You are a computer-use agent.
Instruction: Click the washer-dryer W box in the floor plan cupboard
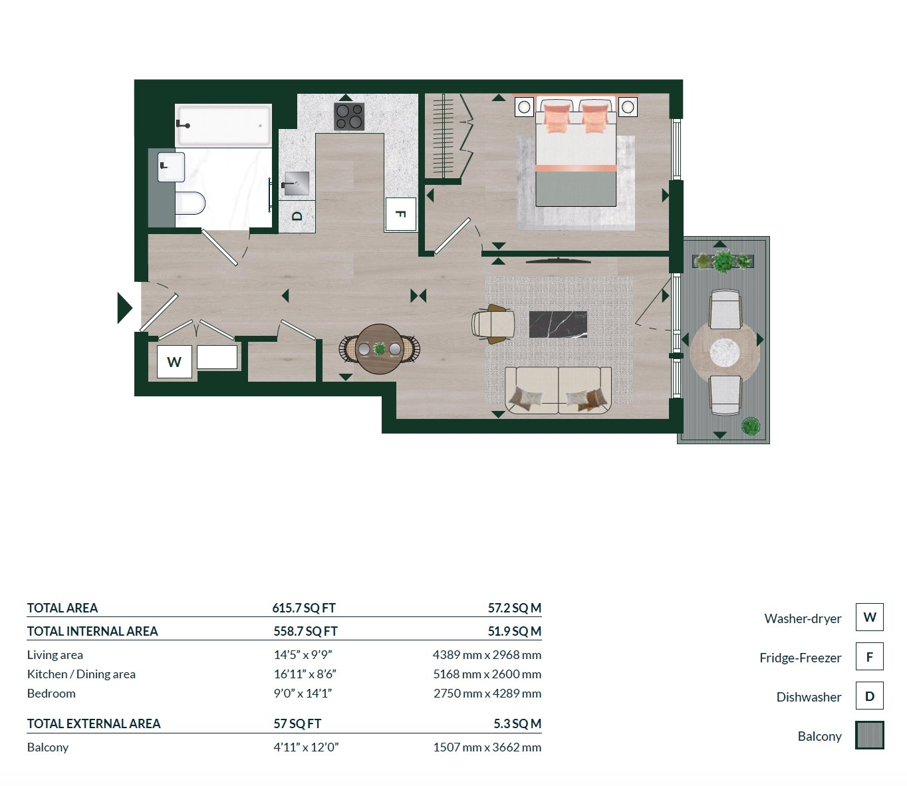click(x=174, y=362)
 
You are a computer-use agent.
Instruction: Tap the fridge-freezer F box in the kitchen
click(x=400, y=214)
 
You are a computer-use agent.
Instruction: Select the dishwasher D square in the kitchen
click(x=297, y=216)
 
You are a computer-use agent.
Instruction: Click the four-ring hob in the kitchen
click(x=349, y=116)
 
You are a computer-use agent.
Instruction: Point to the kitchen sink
click(x=295, y=183)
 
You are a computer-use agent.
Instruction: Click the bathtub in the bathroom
click(x=223, y=125)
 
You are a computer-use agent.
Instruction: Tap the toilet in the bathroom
click(x=190, y=203)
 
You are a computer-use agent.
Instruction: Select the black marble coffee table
click(x=558, y=325)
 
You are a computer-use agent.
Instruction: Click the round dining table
click(x=380, y=349)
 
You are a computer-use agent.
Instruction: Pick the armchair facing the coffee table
click(x=493, y=324)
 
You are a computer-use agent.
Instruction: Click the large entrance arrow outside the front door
click(x=124, y=308)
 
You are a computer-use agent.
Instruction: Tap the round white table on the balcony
click(x=725, y=352)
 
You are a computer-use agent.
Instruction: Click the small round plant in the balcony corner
click(x=751, y=426)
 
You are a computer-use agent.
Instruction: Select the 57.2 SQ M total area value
click(x=514, y=608)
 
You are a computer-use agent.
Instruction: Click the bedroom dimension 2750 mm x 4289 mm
click(x=487, y=694)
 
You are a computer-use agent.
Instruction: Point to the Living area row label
click(x=55, y=655)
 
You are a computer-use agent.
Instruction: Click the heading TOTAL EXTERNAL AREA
click(x=94, y=723)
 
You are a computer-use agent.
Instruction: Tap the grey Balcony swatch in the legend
click(x=869, y=735)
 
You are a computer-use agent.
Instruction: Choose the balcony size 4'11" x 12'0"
click(x=306, y=747)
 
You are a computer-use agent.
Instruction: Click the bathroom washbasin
click(x=171, y=167)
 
